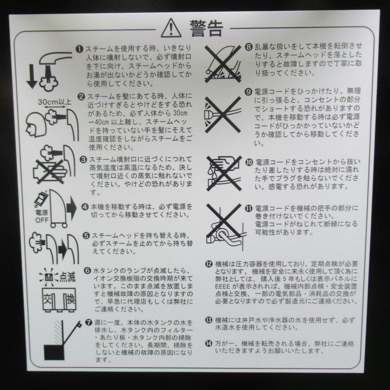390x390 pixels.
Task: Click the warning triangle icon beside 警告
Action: click(171, 28)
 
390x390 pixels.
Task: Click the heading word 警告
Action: click(206, 28)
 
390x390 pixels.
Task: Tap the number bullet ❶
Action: click(80, 49)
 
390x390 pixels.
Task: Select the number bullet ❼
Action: click(89, 323)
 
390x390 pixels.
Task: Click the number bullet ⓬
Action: click(209, 264)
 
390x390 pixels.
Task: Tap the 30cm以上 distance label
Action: click(55, 102)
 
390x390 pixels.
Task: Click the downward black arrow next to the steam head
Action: click(32, 76)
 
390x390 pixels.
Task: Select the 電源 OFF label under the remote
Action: click(42, 216)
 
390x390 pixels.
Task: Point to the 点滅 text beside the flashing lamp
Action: click(67, 277)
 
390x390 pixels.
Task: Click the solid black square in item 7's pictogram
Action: click(54, 353)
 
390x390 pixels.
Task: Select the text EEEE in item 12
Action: click(222, 287)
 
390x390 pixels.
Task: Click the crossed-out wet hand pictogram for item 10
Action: click(224, 173)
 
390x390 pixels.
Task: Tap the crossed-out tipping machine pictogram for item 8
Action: click(223, 64)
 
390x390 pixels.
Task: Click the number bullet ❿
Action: click(249, 162)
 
